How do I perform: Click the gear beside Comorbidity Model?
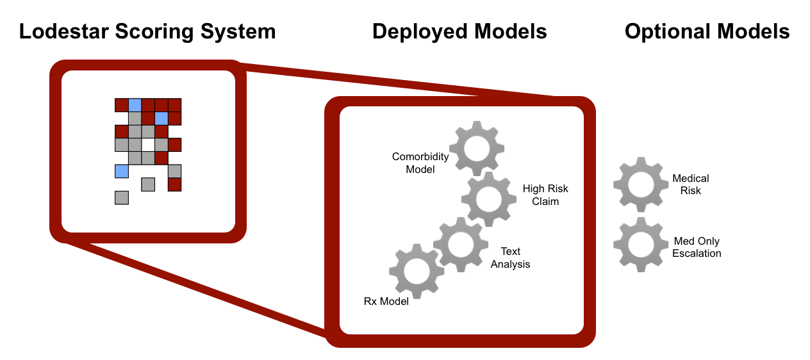tap(475, 148)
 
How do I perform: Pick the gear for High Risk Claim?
tap(489, 199)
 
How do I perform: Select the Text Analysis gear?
tap(461, 244)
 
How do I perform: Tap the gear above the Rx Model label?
tap(417, 270)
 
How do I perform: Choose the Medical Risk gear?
tap(641, 184)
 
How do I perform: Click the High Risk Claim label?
tap(545, 195)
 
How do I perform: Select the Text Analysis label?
tap(511, 258)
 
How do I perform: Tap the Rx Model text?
tap(386, 301)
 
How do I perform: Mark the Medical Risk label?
tap(691, 184)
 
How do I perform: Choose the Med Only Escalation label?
tap(697, 247)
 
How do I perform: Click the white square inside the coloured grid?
tap(148, 145)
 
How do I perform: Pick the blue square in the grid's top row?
tap(135, 105)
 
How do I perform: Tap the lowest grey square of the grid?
tap(122, 197)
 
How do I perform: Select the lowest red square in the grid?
tap(174, 184)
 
